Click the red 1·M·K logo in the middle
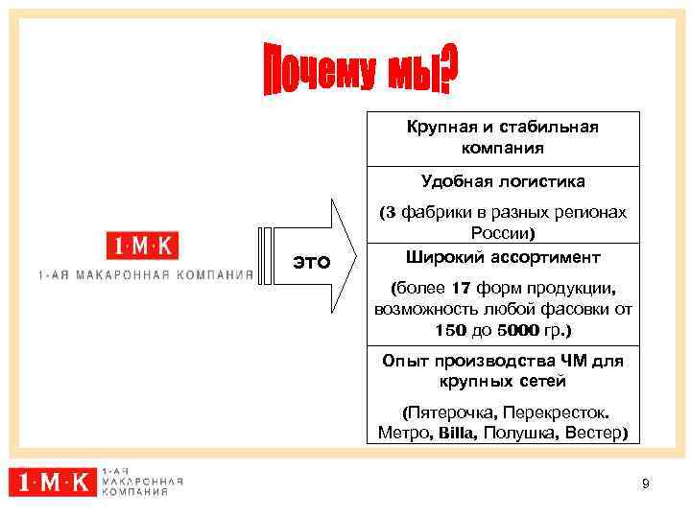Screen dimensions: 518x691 tap(142, 247)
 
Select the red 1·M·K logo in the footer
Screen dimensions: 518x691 tap(53, 482)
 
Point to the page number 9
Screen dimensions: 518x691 tap(646, 484)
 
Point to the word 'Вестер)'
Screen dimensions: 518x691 tap(597, 433)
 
